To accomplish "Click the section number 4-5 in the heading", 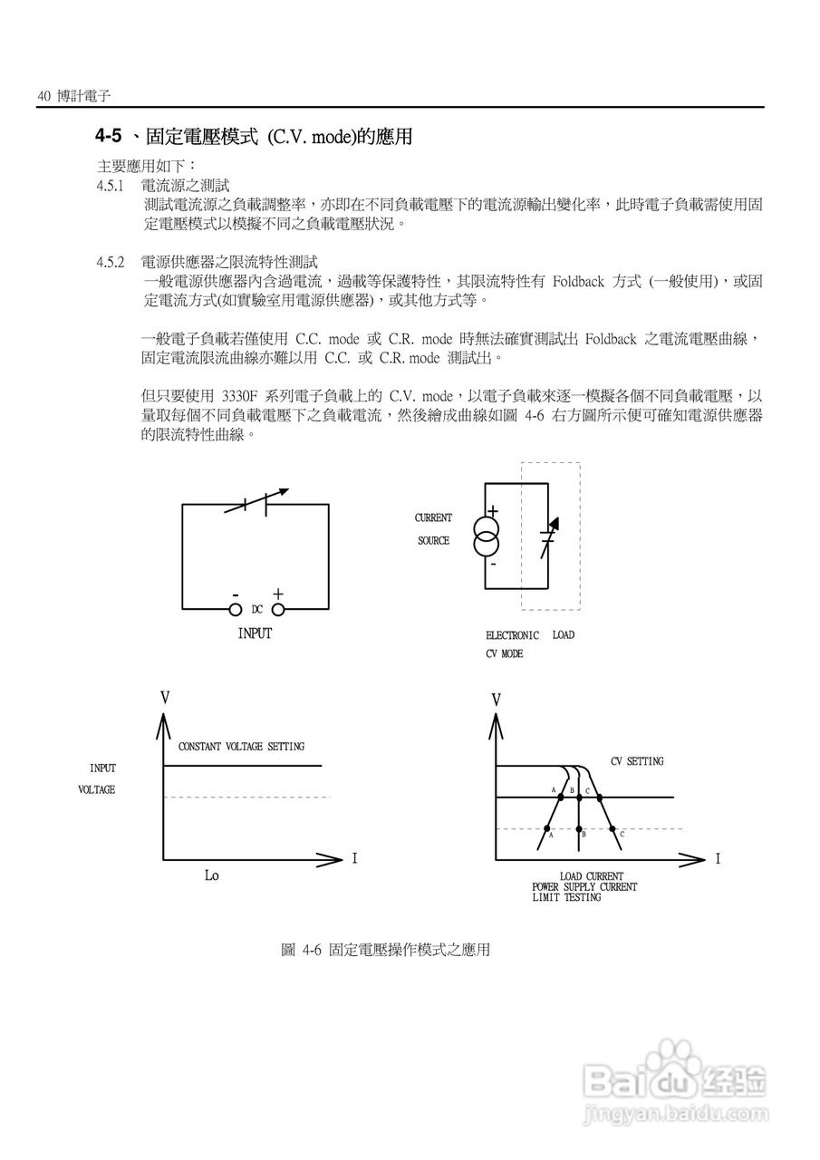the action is point(108,137).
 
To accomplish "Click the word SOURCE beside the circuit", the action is point(433,541).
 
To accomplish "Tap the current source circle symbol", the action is point(487,535).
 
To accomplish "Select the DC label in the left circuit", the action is point(256,610).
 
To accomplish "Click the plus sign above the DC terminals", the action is point(277,594).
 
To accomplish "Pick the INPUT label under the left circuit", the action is point(255,633).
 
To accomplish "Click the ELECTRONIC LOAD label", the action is point(529,635).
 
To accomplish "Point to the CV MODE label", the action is point(504,653).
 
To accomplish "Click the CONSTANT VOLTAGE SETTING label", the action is point(241,747).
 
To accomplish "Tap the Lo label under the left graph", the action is point(211,875).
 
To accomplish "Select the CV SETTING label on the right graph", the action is point(636,761).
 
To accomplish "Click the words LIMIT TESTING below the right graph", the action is point(566,897).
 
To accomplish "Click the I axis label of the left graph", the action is point(355,856).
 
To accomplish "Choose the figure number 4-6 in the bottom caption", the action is point(314,950).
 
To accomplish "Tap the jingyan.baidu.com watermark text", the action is point(674,1113).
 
